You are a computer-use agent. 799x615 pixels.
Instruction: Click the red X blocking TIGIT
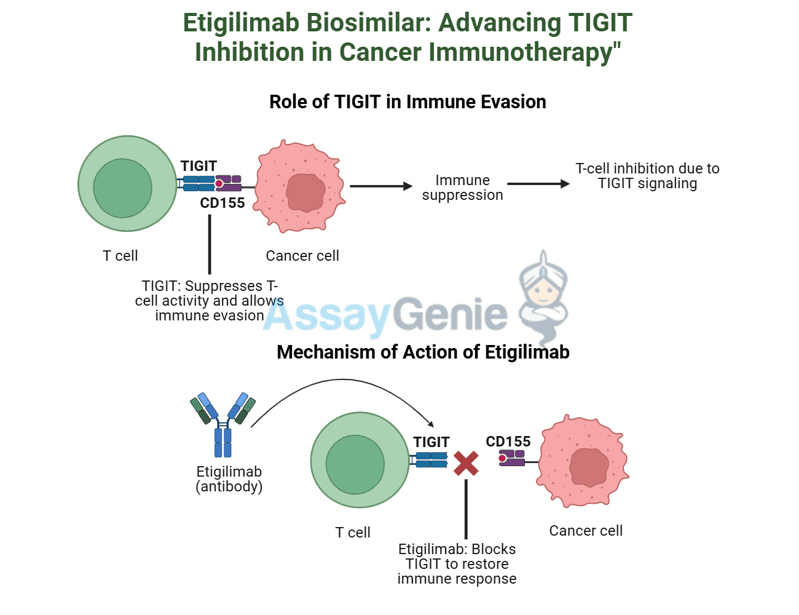[x=466, y=463]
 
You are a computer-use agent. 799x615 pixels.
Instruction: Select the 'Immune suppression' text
[x=462, y=188]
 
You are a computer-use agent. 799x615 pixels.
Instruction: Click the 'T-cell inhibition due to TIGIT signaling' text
[x=647, y=176]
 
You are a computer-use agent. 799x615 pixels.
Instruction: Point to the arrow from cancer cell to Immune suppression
[x=380, y=186]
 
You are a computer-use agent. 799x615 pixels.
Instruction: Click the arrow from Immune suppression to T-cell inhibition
[x=538, y=183]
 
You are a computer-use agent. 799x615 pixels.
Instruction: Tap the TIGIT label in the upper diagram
[x=199, y=166]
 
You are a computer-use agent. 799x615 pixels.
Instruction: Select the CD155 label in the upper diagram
[x=222, y=203]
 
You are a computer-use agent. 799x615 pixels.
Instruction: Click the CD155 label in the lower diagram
[x=508, y=442]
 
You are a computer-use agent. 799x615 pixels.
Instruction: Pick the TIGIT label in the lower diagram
[x=431, y=442]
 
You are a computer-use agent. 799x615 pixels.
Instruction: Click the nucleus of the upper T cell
[x=122, y=188]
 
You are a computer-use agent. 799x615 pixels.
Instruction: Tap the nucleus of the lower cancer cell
[x=588, y=467]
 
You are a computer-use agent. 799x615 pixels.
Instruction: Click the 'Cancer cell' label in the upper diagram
[x=302, y=256]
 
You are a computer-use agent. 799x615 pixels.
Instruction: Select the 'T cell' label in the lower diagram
[x=353, y=533]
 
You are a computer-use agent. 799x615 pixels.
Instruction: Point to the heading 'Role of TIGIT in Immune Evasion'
[x=407, y=102]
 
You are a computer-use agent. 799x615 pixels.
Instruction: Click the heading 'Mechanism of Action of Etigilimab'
[x=423, y=352]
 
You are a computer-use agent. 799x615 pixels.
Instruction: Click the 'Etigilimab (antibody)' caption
[x=229, y=479]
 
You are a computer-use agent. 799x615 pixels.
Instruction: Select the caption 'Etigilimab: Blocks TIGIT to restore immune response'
[x=457, y=564]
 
